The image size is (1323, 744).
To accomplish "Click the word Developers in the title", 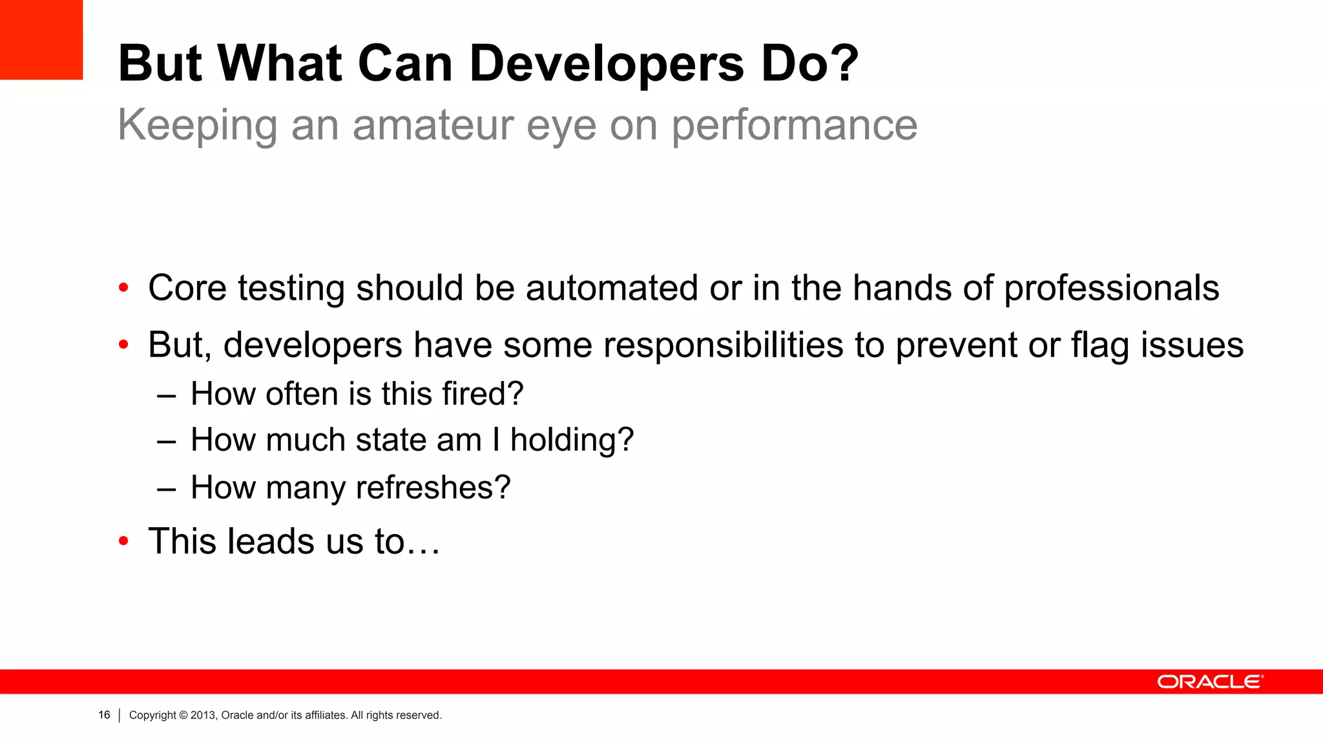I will [x=607, y=64].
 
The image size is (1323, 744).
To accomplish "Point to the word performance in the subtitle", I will [x=794, y=125].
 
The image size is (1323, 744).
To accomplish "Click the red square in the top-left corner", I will [x=41, y=39].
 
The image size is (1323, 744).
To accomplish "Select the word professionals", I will [x=1111, y=289].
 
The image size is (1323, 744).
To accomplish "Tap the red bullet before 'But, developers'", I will [x=123, y=345].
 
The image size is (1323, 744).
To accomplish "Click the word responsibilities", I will [x=723, y=345].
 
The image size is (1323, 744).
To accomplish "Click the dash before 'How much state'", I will [x=166, y=440].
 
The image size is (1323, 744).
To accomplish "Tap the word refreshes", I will [x=426, y=487].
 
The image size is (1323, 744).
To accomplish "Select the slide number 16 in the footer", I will [x=104, y=715].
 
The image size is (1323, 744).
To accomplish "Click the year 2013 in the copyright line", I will [x=203, y=715].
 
